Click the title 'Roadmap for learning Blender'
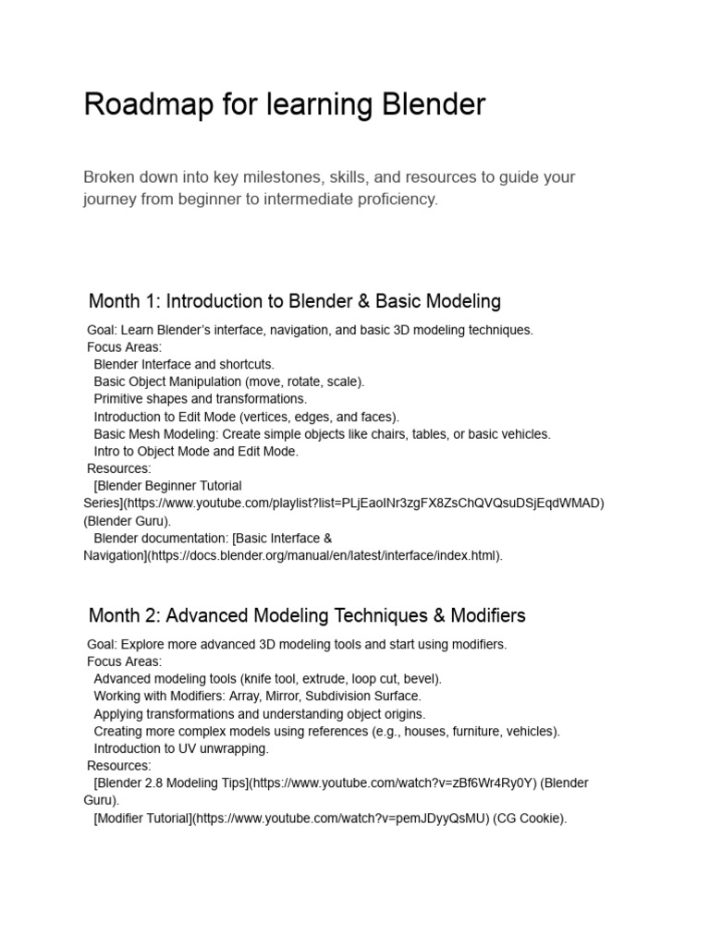(284, 104)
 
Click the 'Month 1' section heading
(294, 301)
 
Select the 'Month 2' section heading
(307, 615)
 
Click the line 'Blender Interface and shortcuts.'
(184, 364)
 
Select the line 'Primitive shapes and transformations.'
(200, 399)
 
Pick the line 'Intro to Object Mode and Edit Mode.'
(196, 451)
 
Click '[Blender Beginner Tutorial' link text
(167, 485)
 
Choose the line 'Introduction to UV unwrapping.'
(181, 748)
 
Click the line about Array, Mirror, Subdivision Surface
(257, 696)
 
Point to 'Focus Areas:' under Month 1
(124, 347)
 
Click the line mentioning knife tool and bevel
(267, 678)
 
